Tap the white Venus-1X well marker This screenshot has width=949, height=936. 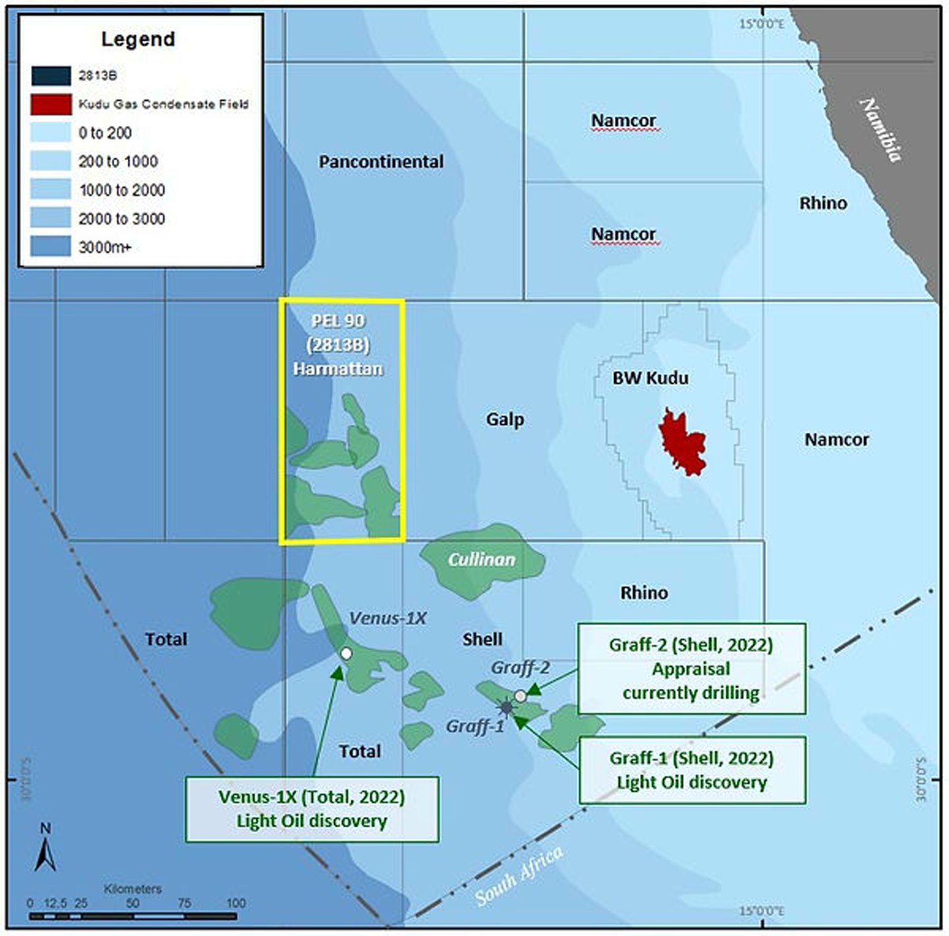coord(346,653)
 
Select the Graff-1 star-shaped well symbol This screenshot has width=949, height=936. coord(506,707)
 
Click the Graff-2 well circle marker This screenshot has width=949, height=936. coord(520,696)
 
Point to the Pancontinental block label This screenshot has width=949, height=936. coord(381,161)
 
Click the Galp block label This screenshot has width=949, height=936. coord(505,419)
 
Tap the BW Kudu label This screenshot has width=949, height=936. coord(650,378)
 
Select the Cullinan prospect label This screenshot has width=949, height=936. coord(482,559)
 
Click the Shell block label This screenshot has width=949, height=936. coord(482,639)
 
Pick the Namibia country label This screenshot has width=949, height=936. coord(882,129)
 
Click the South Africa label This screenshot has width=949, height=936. coord(519,875)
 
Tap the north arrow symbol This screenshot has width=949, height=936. coord(45,849)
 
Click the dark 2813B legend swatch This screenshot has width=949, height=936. coord(51,76)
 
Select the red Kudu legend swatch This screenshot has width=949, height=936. coord(51,104)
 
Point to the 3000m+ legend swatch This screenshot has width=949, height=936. coord(51,247)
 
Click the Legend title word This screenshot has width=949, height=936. coord(138,39)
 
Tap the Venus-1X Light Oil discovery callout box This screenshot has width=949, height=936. coord(312,809)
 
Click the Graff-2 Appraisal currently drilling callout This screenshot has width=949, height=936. coord(691,669)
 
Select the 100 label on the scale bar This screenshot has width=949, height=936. coord(235,903)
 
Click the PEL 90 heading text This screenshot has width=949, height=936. coord(338,321)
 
